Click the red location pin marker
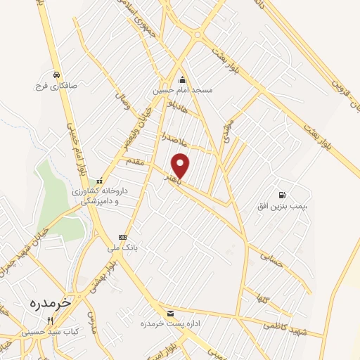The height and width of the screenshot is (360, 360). [181, 165]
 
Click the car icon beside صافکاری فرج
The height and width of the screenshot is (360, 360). [55, 74]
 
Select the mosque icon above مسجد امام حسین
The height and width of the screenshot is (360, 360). [182, 79]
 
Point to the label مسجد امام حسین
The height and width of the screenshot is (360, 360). [182, 91]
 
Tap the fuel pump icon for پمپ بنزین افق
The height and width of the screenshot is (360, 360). [282, 195]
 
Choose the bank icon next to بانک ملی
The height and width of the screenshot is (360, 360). [122, 237]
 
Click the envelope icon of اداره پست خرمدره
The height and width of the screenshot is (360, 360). [169, 312]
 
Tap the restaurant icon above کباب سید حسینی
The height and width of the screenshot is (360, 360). [50, 320]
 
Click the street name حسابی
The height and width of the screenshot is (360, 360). [271, 259]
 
